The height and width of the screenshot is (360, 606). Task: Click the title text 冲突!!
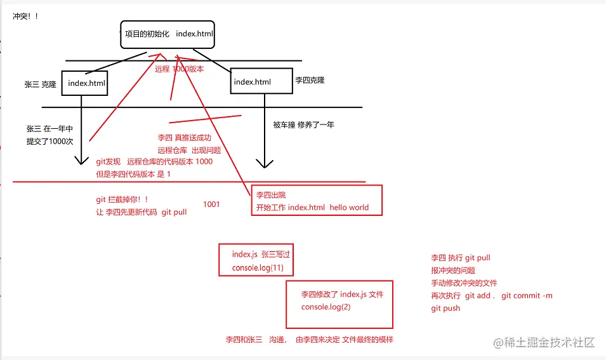click(25, 16)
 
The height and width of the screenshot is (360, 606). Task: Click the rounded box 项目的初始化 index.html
click(168, 34)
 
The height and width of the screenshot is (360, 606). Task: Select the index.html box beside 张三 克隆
click(85, 83)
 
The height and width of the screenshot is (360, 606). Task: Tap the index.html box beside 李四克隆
click(261, 81)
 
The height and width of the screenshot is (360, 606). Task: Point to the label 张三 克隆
click(41, 84)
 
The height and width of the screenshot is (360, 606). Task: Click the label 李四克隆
click(310, 81)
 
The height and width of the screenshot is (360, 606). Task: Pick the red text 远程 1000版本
click(180, 69)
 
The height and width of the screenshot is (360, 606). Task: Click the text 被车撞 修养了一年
click(303, 124)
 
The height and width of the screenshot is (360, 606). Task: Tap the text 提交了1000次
click(50, 142)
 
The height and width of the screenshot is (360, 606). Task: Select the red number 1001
click(211, 204)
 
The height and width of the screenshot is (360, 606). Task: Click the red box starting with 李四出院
click(317, 201)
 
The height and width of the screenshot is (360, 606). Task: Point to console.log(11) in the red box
click(258, 269)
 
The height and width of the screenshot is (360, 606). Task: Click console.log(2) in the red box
click(326, 307)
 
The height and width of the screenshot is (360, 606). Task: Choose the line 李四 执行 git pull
click(461, 258)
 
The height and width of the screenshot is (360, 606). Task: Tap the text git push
click(446, 308)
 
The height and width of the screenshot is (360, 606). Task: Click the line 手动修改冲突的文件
click(464, 283)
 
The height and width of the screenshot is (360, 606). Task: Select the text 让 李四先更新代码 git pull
click(141, 212)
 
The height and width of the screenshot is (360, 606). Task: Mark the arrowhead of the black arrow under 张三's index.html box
click(82, 161)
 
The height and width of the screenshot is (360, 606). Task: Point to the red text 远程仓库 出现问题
click(189, 150)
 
